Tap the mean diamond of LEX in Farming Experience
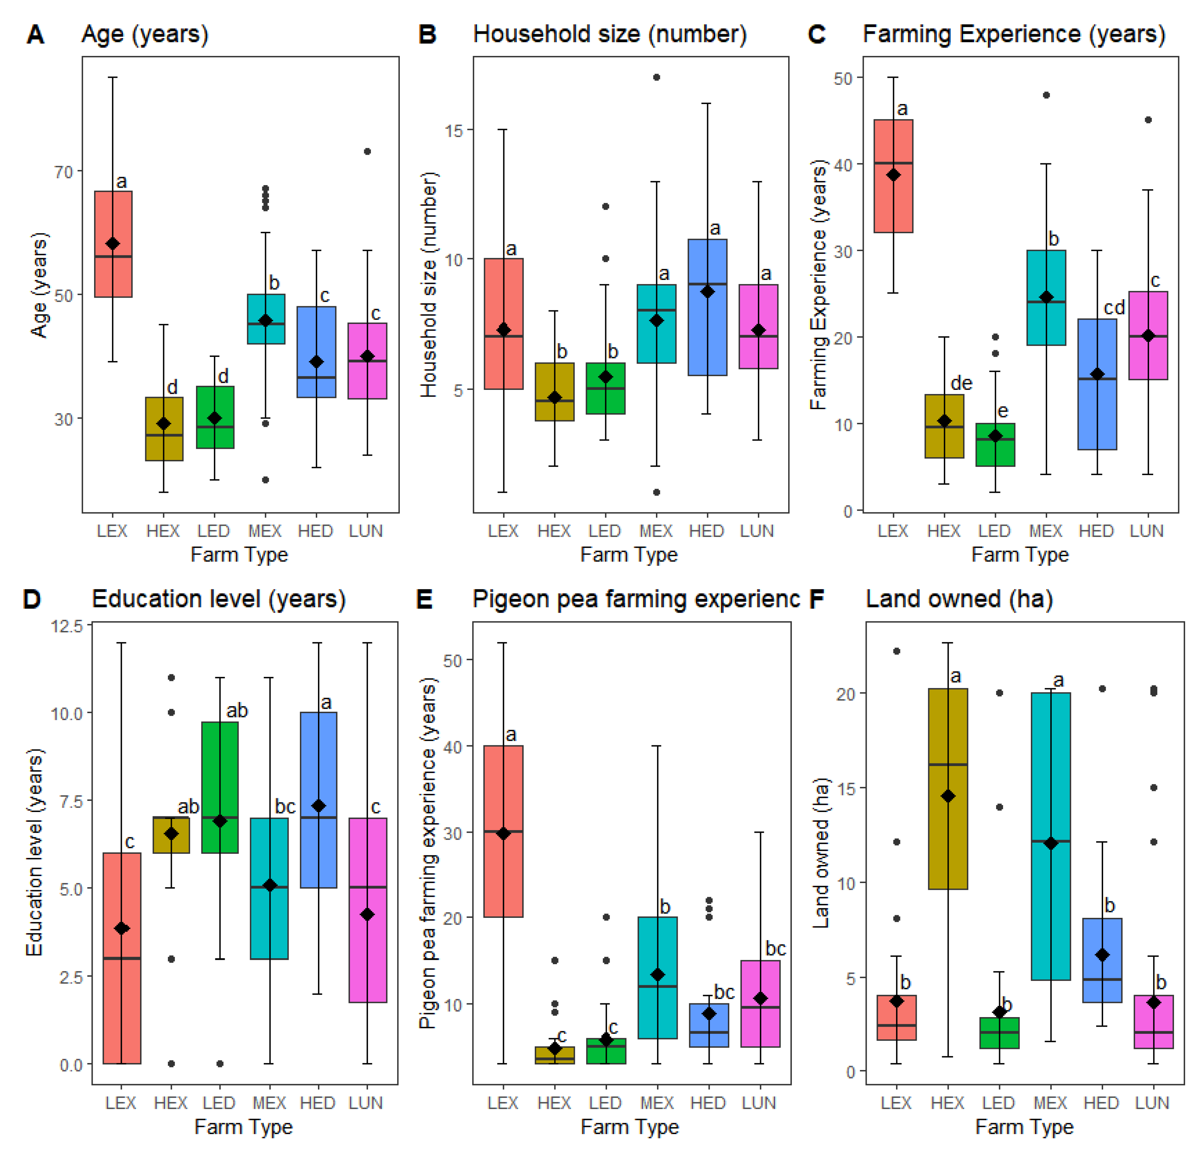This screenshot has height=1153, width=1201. (893, 175)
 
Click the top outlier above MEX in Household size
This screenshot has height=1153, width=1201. (656, 77)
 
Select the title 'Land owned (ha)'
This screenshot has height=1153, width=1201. (959, 599)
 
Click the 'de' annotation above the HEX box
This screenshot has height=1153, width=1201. (961, 383)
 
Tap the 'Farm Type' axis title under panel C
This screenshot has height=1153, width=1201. (1020, 555)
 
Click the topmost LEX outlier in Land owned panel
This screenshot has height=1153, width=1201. (896, 651)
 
